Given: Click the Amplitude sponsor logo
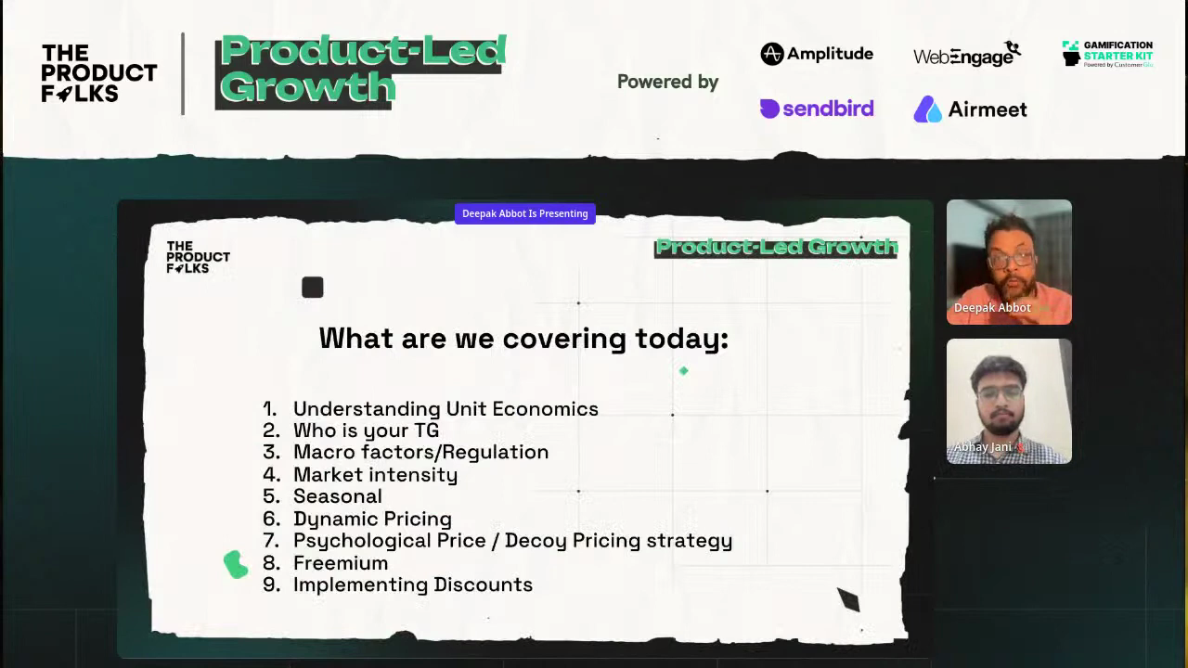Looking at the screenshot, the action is [817, 54].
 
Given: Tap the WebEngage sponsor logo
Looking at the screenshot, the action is [967, 54].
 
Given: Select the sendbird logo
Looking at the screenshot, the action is [817, 109].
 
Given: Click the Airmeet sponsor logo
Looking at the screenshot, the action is [970, 109].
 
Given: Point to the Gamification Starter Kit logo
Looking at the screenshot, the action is [1107, 54].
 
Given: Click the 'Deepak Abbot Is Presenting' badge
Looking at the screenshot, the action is [525, 213].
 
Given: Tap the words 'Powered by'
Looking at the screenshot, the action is [667, 82].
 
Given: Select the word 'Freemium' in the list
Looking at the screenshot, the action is [341, 563].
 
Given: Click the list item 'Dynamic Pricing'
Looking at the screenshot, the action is [372, 519].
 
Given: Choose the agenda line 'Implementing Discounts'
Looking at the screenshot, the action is [413, 584].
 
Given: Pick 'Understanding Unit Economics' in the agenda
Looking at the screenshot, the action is [445, 409].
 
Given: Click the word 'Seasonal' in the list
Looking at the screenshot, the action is [337, 496].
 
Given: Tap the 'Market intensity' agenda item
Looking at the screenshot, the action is [376, 475].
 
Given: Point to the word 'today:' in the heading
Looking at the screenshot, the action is [682, 339].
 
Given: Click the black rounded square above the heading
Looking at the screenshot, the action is [313, 288].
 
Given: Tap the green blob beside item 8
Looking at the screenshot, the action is [236, 564].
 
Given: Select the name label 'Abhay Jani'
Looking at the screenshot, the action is [982, 447].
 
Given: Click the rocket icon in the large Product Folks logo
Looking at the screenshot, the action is [64, 94].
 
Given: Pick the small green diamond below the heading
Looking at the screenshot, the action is [684, 371].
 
